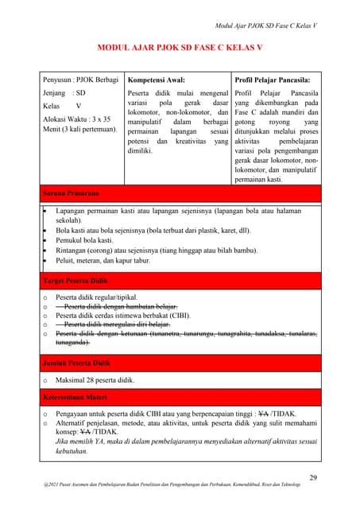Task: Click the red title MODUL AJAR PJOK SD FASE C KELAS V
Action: point(179,48)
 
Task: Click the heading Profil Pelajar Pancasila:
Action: point(273,80)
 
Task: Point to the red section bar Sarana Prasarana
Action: point(71,193)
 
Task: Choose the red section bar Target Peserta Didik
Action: point(75,282)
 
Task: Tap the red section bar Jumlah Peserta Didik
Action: point(76,363)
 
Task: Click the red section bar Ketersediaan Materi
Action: point(76,396)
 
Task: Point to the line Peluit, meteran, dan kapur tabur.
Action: point(103,260)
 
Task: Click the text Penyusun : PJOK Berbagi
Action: point(79,80)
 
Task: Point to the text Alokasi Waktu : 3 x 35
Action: point(76,119)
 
